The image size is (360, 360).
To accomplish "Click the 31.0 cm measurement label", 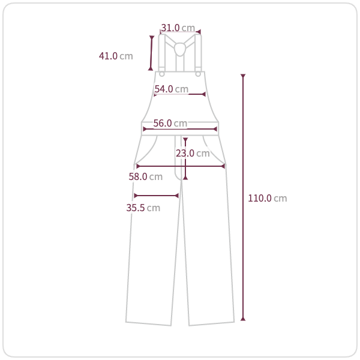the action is [178, 28].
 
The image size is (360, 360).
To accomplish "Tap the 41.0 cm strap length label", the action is [116, 56].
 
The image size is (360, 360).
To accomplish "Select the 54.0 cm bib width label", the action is [171, 89].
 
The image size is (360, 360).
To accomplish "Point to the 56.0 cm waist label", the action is [170, 123].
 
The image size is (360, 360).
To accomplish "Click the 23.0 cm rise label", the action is [193, 154].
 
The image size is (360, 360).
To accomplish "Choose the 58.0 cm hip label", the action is [146, 176].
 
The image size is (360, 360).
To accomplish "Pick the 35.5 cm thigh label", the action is [143, 208].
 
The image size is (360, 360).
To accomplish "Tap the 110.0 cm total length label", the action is [268, 198].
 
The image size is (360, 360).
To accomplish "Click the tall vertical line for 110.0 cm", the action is [243, 197].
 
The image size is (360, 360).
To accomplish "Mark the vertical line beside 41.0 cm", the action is [151, 53].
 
